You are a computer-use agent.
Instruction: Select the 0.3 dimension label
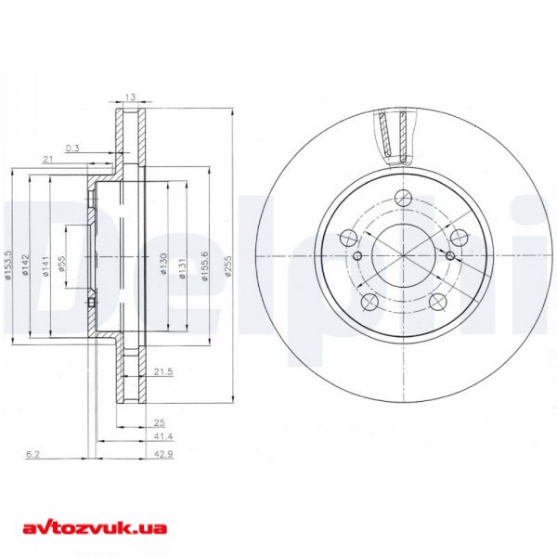coord(71,148)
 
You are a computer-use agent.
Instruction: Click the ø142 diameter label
coord(27,265)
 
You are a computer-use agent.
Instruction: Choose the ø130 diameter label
coord(162,264)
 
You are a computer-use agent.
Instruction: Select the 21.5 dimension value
coord(162,371)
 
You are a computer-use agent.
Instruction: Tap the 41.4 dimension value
coord(162,435)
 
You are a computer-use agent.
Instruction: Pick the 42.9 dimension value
coord(162,455)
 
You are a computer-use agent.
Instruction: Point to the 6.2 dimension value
coord(34,455)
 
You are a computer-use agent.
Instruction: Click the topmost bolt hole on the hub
coord(403,198)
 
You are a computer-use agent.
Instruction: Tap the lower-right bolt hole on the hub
coord(437,300)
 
